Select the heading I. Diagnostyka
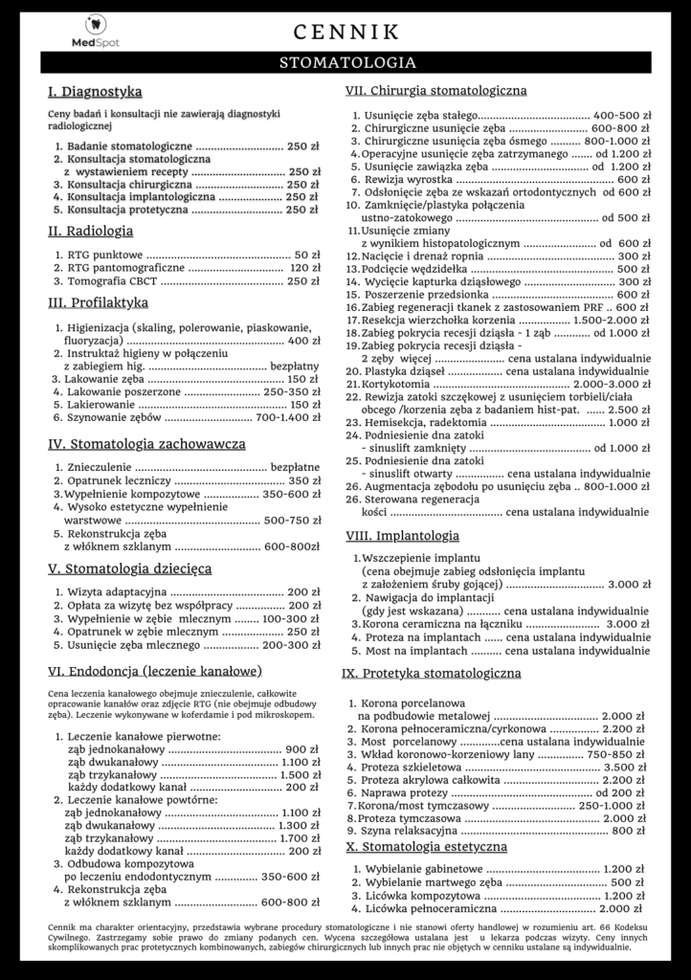[x=95, y=93]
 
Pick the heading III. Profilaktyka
[x=98, y=303]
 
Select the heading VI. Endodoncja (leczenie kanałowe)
[x=155, y=671]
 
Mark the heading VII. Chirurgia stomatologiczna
[x=435, y=91]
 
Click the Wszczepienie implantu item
[x=420, y=557]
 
